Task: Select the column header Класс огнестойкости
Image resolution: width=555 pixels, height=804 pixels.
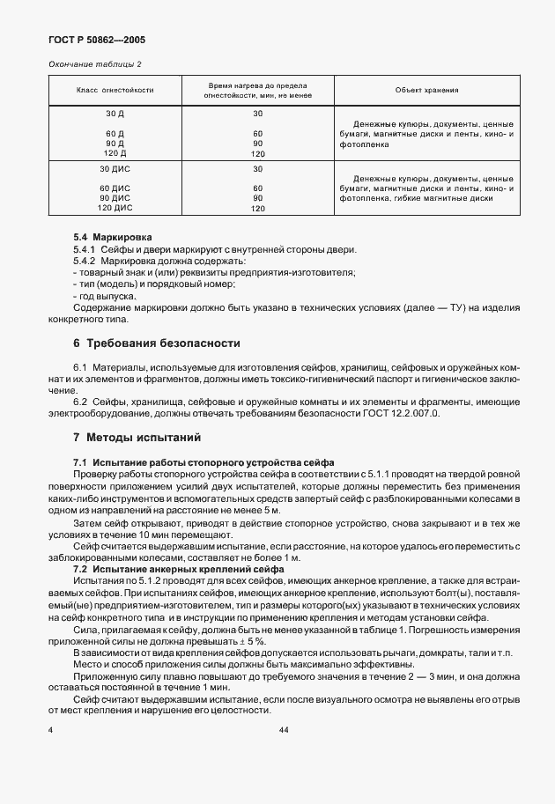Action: tap(115, 90)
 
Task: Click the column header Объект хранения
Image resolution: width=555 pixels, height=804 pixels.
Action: tap(426, 90)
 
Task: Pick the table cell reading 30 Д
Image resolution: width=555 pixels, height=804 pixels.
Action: tap(115, 114)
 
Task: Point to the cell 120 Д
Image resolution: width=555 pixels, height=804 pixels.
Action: tap(115, 153)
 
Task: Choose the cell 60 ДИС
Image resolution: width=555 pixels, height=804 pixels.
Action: tap(115, 188)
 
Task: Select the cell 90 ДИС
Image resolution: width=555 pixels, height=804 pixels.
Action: tap(115, 198)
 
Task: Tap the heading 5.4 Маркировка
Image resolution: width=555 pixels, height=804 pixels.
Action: tap(113, 238)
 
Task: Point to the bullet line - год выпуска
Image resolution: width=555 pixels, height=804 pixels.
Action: tap(104, 297)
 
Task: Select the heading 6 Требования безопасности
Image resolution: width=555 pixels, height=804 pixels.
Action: tap(157, 342)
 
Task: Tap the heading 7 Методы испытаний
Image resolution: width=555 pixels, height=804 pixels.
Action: tap(137, 437)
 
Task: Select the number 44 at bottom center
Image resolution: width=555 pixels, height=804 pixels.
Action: tap(284, 731)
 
